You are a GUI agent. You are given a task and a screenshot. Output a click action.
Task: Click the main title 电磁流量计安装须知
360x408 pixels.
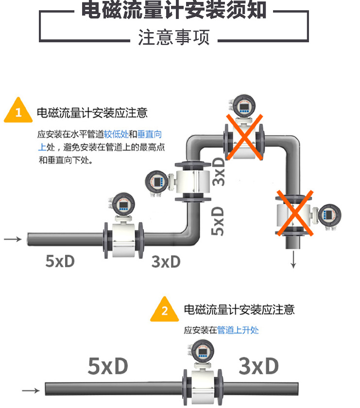pos(173,10)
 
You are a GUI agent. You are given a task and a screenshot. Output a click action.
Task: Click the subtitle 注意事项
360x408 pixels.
pos(173,37)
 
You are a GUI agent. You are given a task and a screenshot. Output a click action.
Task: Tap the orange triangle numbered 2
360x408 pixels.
pos(164,310)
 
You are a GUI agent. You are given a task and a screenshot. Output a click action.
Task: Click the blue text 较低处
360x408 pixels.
pos(116,134)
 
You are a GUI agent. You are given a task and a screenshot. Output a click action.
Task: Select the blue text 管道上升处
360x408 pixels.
pos(238,330)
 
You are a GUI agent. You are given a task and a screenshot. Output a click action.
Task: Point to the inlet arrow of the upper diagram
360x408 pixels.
pos(13,239)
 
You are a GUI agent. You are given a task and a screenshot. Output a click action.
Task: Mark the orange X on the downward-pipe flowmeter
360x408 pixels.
pos(294,213)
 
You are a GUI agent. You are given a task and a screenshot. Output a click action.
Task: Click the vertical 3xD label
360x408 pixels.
pos(219,171)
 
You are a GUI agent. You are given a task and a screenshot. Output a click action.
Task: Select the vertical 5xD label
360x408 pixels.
pos(219,221)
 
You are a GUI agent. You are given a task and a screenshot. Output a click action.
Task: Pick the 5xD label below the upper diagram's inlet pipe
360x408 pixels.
pos(60,261)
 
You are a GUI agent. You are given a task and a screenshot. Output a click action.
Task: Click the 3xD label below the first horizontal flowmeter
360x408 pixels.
pos(166,262)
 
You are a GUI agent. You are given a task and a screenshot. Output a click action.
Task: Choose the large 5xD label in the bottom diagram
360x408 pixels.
pos(107,366)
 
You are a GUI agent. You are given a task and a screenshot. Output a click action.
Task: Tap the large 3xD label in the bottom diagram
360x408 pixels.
pos(258,366)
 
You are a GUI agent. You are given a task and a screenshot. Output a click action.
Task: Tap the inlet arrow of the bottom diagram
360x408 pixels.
pos(31,390)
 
